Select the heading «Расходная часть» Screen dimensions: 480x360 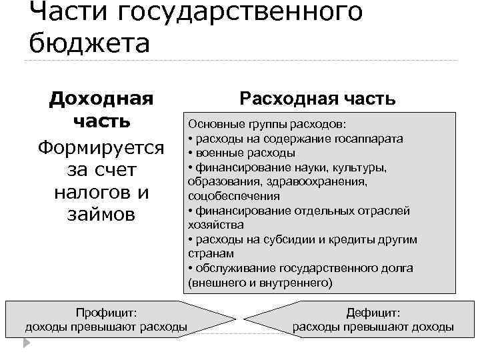point(318,99)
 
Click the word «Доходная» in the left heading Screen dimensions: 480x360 point(101,99)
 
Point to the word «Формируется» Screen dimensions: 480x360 point(101,146)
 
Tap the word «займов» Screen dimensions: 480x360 point(101,215)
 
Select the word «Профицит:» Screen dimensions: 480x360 point(106,313)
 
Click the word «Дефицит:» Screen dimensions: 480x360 point(373,313)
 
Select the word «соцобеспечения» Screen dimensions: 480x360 point(234,197)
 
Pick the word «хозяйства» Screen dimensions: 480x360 point(212,225)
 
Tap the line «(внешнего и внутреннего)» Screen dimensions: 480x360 point(259,283)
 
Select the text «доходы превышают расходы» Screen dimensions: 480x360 point(106,327)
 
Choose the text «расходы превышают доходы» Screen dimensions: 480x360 point(373,327)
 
